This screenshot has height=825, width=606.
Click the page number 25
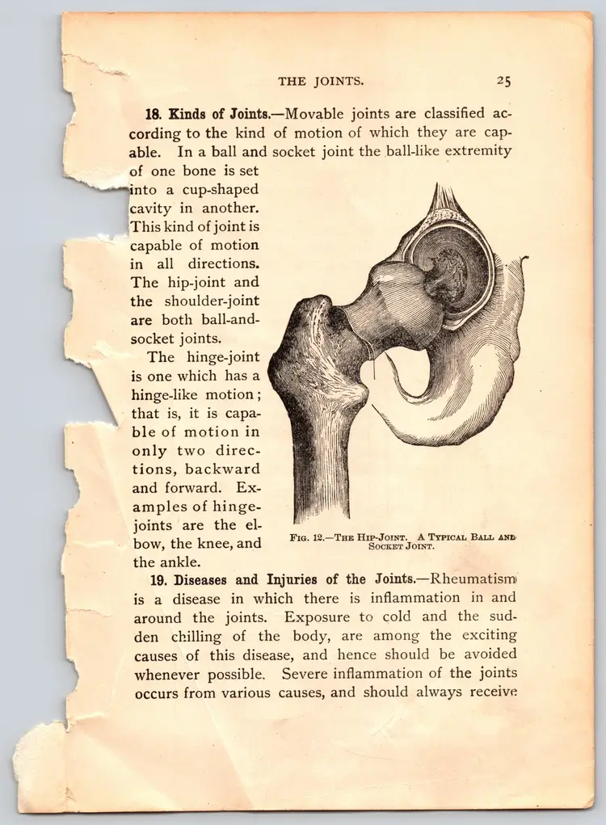503,80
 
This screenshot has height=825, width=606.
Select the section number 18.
154,113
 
